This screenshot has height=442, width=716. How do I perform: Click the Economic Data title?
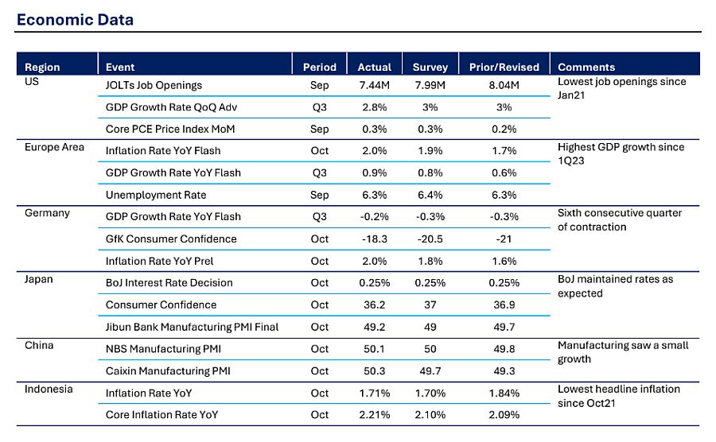click(76, 20)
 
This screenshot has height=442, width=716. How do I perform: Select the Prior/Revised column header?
click(504, 67)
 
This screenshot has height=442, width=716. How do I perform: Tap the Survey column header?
click(430, 67)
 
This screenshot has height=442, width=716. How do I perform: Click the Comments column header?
click(587, 67)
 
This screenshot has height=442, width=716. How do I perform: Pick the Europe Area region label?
click(54, 147)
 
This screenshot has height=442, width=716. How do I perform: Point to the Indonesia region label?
click(49, 389)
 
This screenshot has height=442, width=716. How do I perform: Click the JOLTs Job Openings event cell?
click(154, 85)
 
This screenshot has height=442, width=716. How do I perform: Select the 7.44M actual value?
click(375, 85)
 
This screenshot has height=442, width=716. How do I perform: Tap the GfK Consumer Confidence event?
click(171, 239)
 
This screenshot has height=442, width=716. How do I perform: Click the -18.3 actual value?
click(375, 239)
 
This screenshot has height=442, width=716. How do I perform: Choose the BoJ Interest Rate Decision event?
click(169, 283)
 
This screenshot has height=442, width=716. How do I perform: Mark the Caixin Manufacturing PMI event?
click(168, 370)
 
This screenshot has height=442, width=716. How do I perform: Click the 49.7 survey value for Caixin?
click(430, 370)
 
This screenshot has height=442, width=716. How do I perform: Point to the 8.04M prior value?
click(504, 85)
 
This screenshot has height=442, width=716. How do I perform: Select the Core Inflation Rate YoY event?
click(162, 415)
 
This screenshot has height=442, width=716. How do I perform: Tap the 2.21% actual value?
click(375, 415)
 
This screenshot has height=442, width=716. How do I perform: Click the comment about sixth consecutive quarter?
click(620, 220)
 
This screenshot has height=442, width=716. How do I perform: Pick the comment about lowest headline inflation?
click(619, 396)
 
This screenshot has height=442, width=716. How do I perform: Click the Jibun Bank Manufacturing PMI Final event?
click(193, 327)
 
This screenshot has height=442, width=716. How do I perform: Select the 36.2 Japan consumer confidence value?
click(375, 304)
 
